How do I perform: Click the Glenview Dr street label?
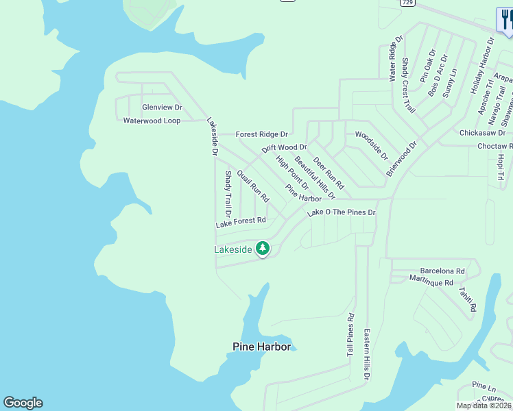pos(162,108)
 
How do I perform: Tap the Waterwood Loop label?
pos(152,121)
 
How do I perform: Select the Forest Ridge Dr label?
pos(261,134)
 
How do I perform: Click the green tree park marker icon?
pos(262,248)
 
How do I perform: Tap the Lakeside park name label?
pos(233,250)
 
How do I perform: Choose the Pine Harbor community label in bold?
pos(261,347)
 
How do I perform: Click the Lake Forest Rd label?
pos(241,222)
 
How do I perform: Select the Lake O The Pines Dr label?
pos(342,213)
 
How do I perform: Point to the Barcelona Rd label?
pos(442,271)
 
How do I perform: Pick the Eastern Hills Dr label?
pos(367,354)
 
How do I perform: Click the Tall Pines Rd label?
pos(350,335)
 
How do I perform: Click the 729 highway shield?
pos(408,3)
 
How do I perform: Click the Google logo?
pos(23,403)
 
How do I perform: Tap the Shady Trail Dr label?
pos(228,191)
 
